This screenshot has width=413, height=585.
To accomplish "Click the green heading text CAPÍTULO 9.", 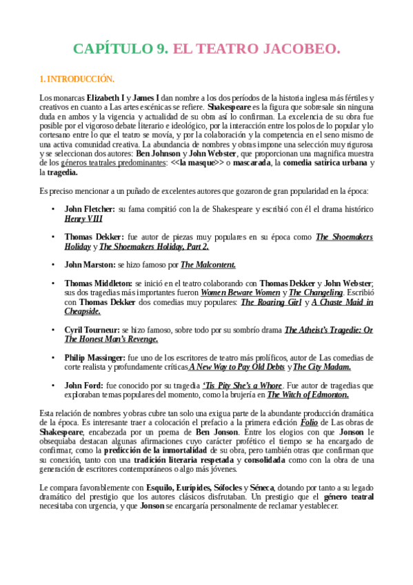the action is click(121, 49).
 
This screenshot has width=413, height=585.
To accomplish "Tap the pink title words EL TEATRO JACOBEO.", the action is click(256, 49).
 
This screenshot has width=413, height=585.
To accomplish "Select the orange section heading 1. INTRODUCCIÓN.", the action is click(77, 79).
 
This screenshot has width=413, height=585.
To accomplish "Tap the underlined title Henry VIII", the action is click(84, 219).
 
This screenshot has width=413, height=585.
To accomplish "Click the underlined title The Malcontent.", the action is click(208, 264).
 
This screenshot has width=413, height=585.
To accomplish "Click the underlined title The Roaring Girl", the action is click(270, 302).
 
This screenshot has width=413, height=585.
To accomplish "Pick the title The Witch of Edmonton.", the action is click(308, 395).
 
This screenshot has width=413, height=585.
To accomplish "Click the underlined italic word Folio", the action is click(309, 423).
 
